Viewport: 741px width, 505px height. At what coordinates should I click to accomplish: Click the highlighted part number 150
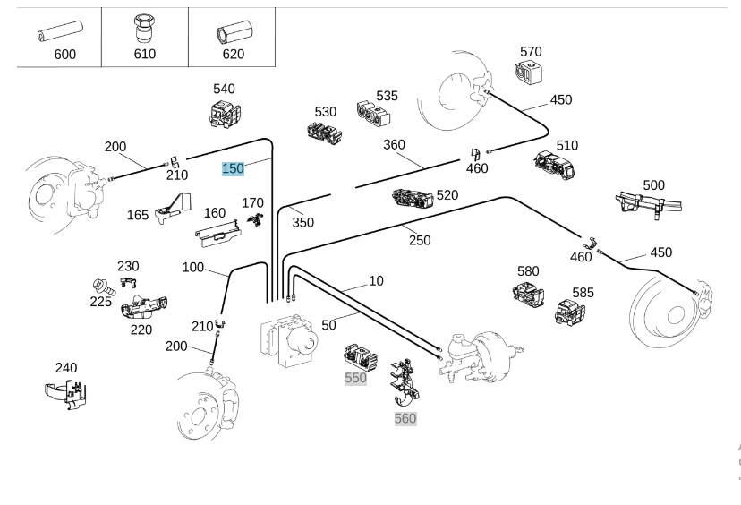click(233, 168)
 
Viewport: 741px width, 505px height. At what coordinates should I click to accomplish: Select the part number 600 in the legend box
click(64, 54)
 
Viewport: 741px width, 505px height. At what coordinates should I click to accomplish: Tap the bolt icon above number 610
click(144, 28)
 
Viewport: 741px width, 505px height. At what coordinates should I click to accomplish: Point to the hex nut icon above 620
click(232, 33)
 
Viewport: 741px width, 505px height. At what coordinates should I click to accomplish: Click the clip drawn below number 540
click(222, 115)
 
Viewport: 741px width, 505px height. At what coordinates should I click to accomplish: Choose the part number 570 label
click(531, 52)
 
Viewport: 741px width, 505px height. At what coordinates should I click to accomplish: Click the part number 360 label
click(394, 145)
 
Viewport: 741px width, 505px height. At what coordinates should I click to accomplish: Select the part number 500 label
click(653, 185)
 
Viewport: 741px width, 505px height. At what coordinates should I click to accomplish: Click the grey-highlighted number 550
click(356, 378)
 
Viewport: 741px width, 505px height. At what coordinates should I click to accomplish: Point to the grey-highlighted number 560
click(405, 418)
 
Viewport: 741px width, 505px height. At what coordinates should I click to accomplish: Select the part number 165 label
click(138, 215)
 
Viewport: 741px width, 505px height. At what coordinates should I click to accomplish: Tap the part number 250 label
click(420, 240)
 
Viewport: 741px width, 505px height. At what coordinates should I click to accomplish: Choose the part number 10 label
click(376, 281)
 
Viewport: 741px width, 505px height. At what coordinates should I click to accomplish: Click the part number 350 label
click(303, 222)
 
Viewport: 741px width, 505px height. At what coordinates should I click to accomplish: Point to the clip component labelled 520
click(413, 198)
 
